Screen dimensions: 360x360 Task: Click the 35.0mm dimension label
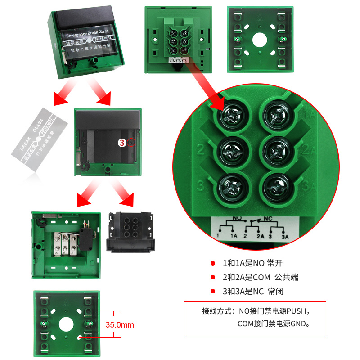(120, 324)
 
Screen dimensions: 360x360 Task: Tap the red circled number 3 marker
(121, 143)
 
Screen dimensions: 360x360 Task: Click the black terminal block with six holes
(130, 232)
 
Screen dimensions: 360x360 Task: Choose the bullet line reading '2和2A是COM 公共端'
(260, 277)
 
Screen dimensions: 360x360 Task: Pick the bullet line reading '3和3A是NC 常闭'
(253, 291)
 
